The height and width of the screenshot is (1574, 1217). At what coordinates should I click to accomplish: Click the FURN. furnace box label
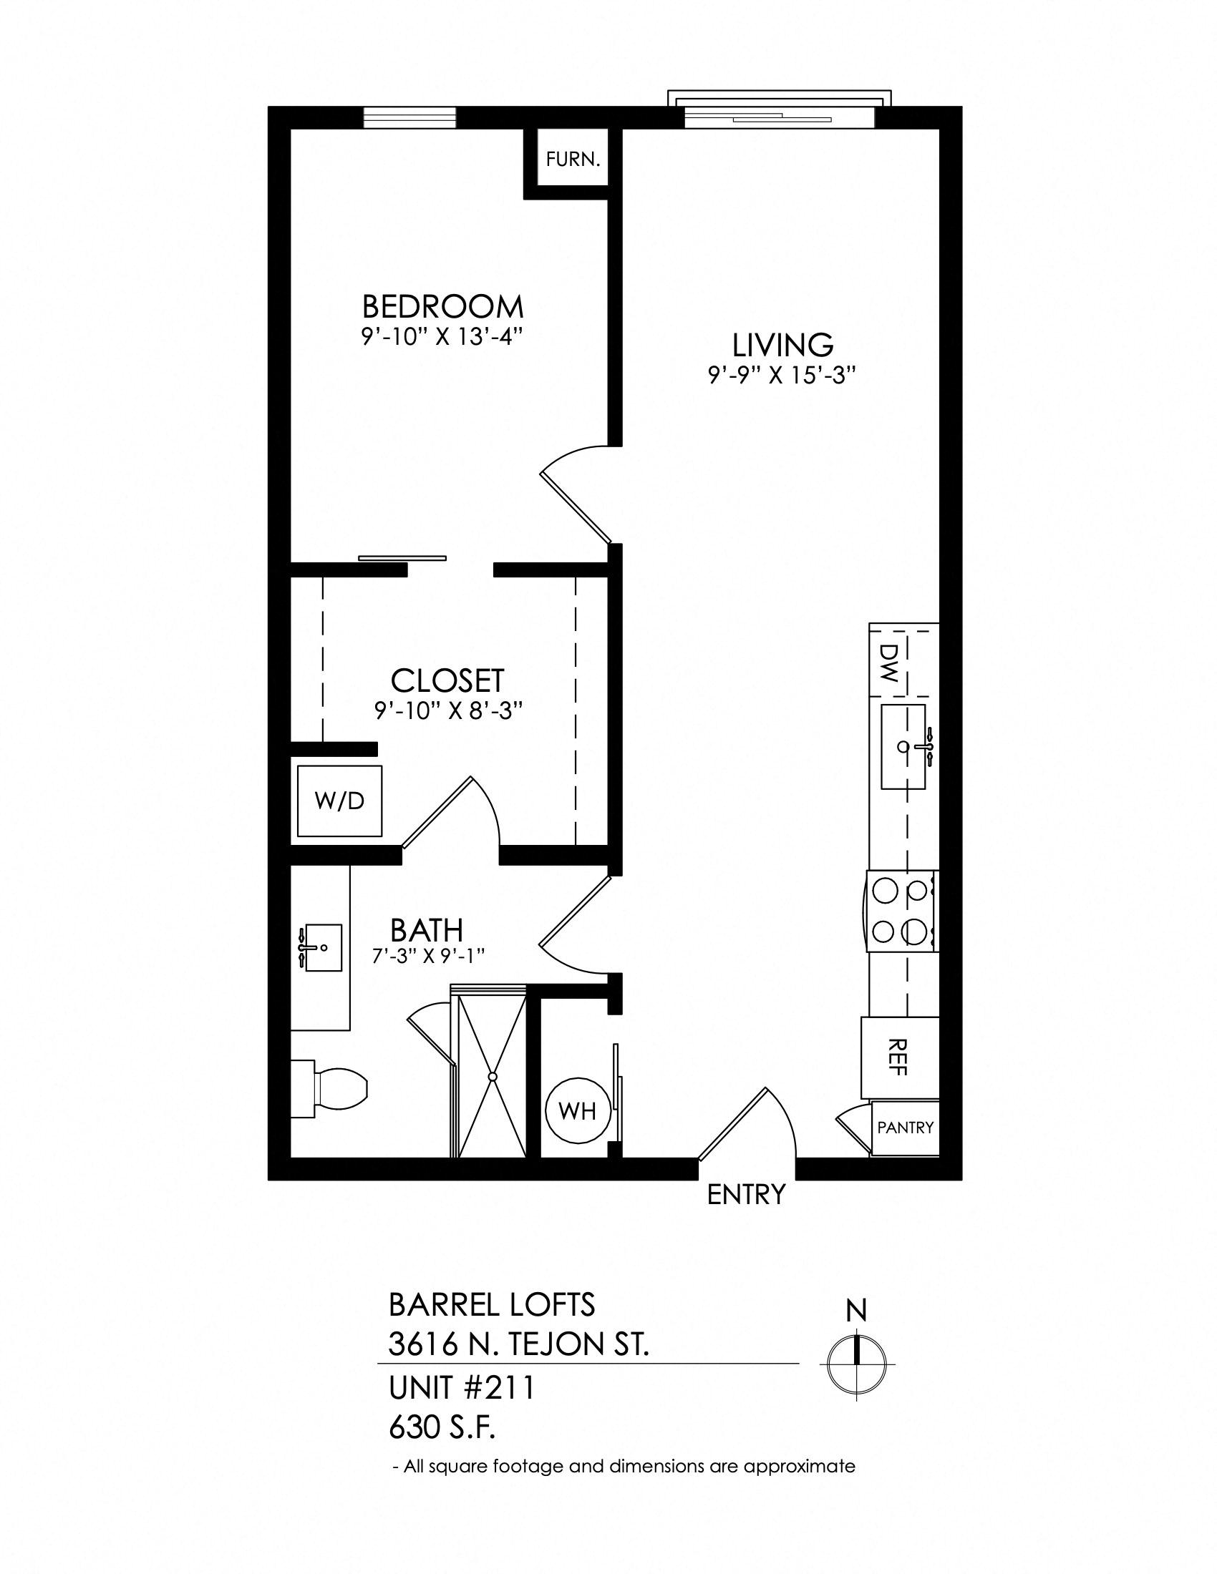[x=573, y=160]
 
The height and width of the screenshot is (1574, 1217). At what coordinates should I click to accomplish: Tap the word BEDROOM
[x=442, y=307]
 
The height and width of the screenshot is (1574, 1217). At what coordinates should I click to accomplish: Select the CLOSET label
[x=447, y=680]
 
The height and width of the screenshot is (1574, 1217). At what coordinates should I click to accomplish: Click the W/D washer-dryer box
[x=340, y=801]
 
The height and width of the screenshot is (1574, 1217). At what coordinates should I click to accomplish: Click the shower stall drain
[x=493, y=1077]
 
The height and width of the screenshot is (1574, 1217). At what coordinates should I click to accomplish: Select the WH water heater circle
[x=578, y=1111]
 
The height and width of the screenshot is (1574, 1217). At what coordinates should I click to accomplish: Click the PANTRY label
[x=906, y=1127]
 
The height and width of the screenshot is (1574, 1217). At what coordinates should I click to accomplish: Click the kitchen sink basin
[x=903, y=748]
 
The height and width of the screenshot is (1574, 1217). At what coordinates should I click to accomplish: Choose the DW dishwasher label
[x=888, y=664]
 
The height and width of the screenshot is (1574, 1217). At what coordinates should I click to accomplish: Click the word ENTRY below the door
[x=745, y=1195]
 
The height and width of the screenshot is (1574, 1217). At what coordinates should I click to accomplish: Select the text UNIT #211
[x=462, y=1387]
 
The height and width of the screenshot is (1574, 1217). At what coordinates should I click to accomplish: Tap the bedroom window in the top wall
[x=409, y=117]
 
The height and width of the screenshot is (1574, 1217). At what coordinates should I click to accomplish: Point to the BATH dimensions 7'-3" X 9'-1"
[x=427, y=957]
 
